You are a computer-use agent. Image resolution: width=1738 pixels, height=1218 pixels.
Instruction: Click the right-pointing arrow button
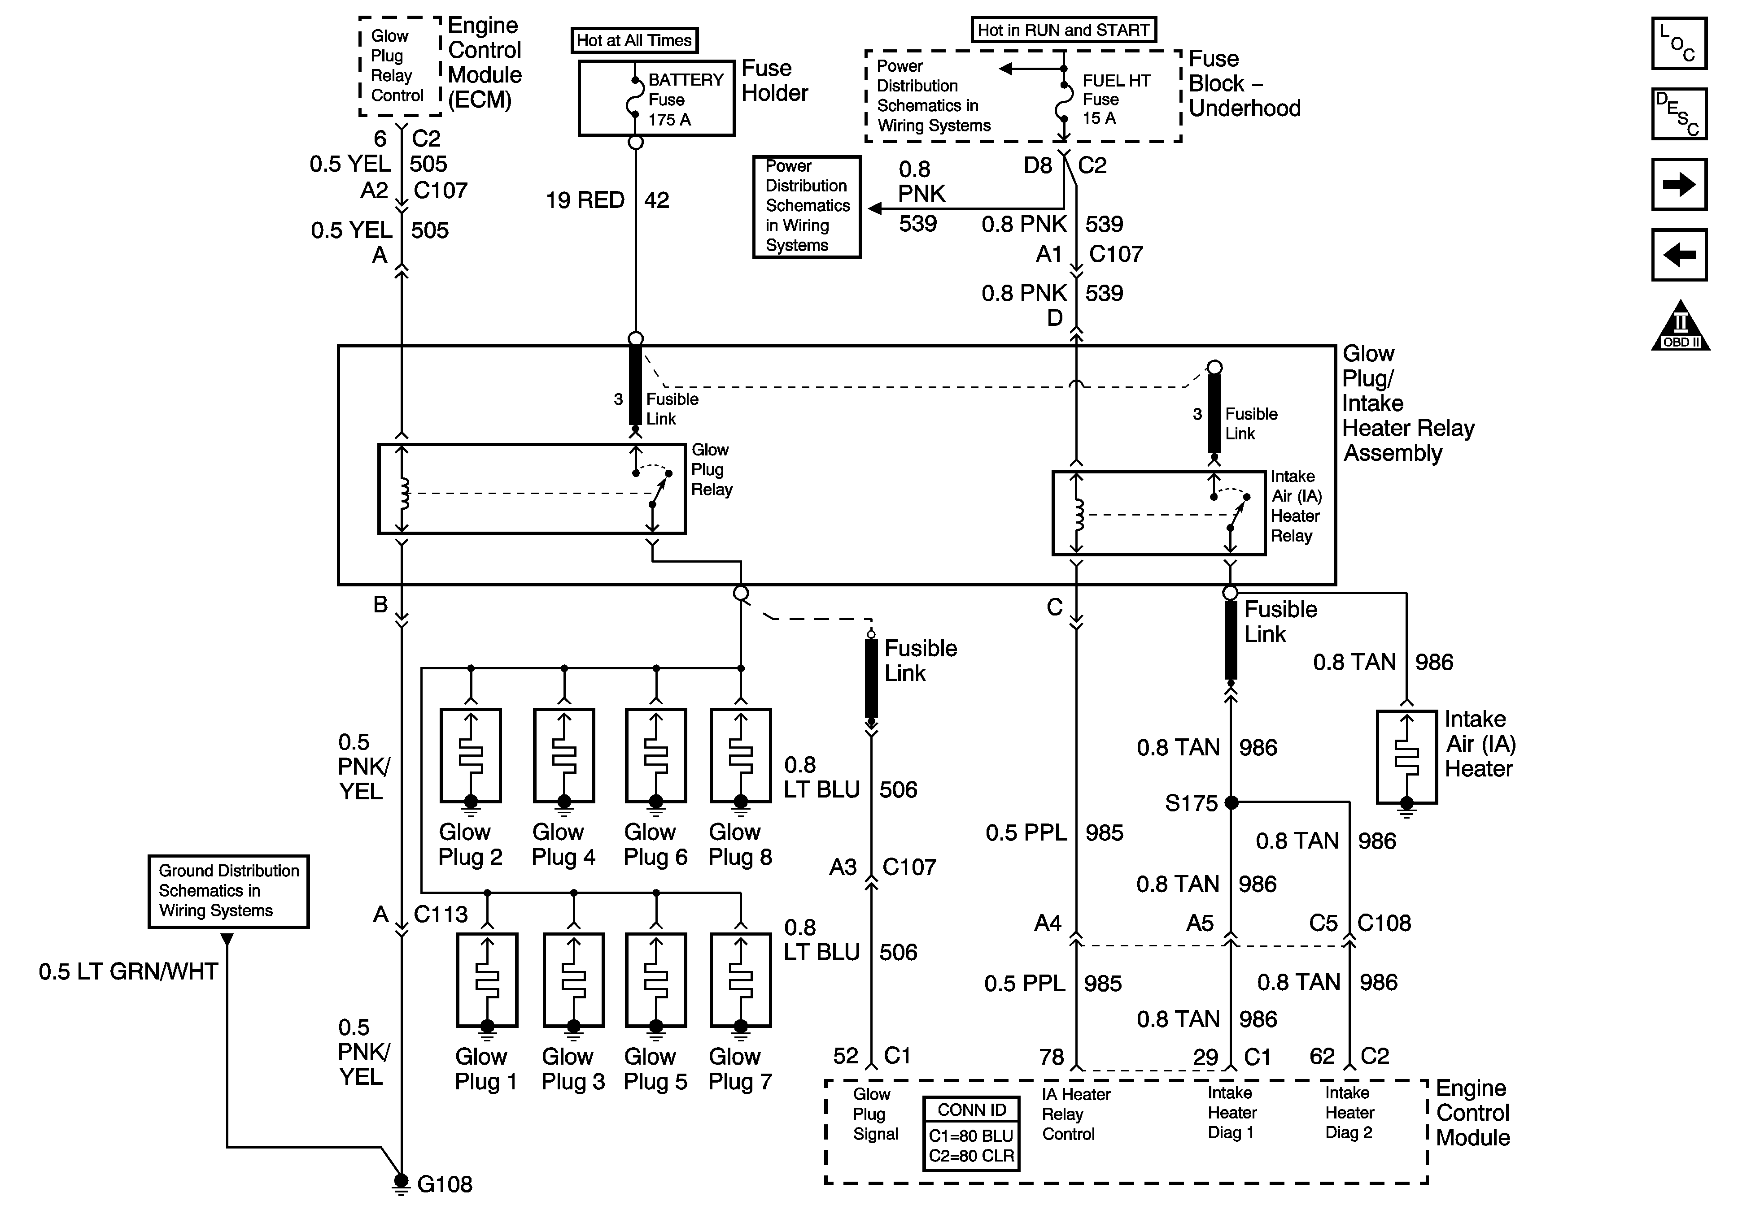(x=1679, y=184)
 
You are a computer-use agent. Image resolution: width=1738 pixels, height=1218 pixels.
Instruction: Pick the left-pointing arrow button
(x=1679, y=255)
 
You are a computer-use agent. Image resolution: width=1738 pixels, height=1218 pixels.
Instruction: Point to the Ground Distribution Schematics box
(x=229, y=891)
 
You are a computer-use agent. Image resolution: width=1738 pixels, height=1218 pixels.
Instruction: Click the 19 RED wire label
(x=585, y=200)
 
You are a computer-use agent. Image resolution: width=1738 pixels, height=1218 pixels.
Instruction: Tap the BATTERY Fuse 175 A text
(x=685, y=99)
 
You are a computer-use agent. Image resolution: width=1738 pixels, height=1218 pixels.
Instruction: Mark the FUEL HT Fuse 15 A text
(x=1116, y=99)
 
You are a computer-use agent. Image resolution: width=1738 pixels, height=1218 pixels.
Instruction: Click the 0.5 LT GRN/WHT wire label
(x=129, y=971)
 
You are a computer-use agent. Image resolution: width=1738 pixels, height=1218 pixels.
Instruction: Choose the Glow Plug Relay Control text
(x=397, y=66)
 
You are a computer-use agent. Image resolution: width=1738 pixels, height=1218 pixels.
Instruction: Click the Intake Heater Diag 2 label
(x=1349, y=1113)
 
